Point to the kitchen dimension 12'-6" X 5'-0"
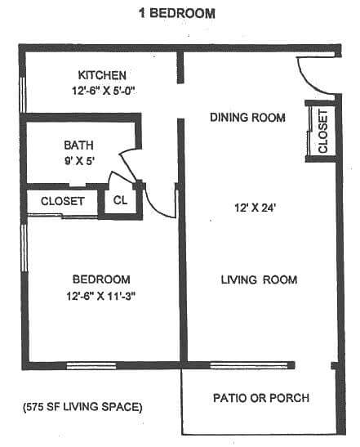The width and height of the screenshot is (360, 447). point(101,92)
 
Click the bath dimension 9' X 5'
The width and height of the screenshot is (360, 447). point(80,161)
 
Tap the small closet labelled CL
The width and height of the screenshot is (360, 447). point(120,201)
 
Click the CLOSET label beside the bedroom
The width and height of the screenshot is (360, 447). point(62,201)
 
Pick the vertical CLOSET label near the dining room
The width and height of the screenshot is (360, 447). point(322,132)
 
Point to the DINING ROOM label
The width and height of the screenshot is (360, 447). point(247,118)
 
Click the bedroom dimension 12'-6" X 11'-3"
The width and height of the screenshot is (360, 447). point(101,297)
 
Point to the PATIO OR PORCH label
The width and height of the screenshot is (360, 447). point(260,399)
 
